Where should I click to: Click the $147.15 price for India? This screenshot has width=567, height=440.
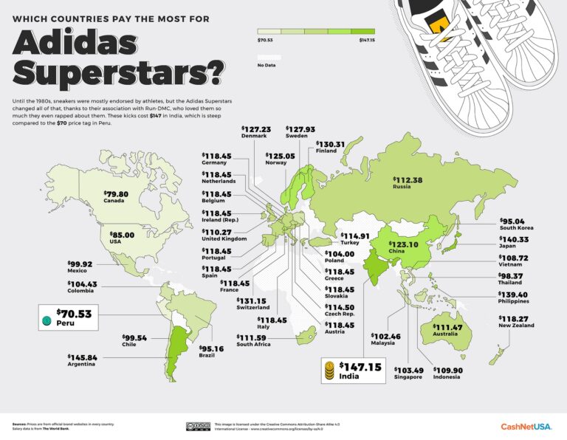360,366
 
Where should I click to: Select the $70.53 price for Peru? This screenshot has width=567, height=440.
77,314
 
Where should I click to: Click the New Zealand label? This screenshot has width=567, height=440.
515,327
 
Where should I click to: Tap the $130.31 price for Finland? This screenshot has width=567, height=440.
330,144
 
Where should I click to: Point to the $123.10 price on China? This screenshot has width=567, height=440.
394,244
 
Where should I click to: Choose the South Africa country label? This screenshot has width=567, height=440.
255,345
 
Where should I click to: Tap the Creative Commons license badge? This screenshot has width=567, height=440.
198,426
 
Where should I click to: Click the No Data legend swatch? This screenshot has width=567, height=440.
268,56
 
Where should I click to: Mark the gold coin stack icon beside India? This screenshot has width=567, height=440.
329,371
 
